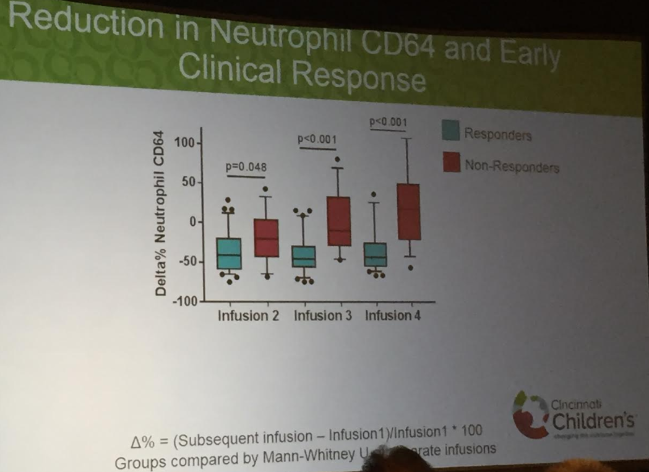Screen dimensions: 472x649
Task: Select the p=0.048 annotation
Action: tap(246, 167)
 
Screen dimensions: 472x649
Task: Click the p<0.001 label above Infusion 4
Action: tap(389, 122)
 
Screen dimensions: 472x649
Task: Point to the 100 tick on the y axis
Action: tap(184, 143)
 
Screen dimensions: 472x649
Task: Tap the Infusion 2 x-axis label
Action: tap(248, 316)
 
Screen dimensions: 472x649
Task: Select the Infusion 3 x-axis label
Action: tap(322, 316)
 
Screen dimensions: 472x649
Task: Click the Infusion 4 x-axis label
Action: tap(393, 315)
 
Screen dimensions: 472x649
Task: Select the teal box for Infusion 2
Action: tap(229, 253)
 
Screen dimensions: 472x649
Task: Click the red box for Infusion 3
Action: tap(339, 221)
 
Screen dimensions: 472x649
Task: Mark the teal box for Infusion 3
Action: tap(303, 256)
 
